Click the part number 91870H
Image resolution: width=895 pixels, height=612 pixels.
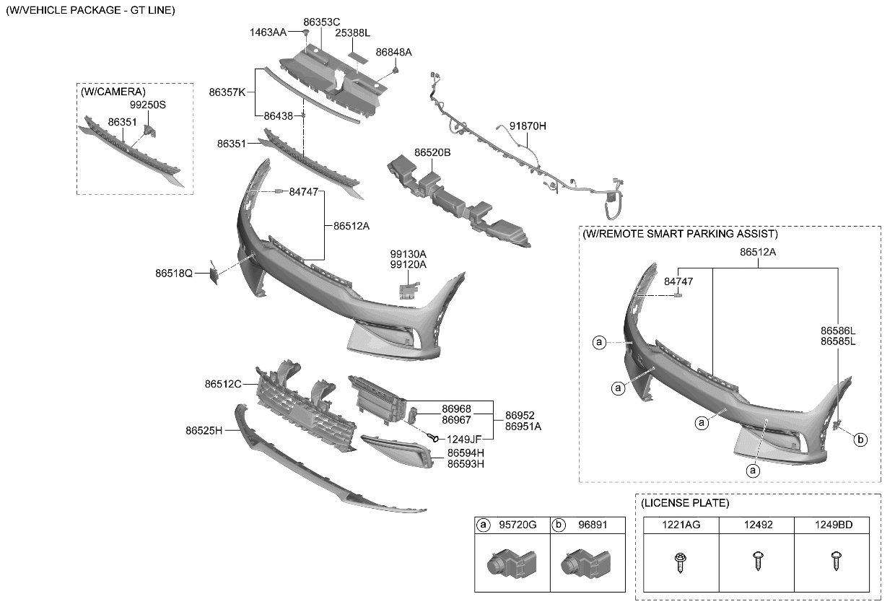click(528, 126)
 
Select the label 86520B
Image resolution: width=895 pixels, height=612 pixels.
click(432, 153)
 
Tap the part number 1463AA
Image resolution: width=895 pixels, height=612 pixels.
click(268, 32)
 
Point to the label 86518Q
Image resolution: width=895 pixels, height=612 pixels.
click(173, 274)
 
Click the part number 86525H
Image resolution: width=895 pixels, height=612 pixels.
click(204, 430)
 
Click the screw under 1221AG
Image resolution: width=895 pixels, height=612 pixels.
click(680, 561)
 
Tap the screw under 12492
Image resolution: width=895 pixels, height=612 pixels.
click(757, 561)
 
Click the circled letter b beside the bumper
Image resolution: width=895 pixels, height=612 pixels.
click(860, 439)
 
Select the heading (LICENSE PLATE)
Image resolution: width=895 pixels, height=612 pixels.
click(685, 502)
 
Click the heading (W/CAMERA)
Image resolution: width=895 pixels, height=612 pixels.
click(113, 92)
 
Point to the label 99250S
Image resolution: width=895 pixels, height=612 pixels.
click(148, 105)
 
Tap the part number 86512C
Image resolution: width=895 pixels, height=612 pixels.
click(223, 385)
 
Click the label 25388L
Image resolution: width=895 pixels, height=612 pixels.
click(352, 33)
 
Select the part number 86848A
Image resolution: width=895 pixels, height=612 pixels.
click(393, 52)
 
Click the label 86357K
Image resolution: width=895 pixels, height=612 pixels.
click(227, 92)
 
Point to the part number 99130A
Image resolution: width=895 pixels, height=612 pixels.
click(409, 254)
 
